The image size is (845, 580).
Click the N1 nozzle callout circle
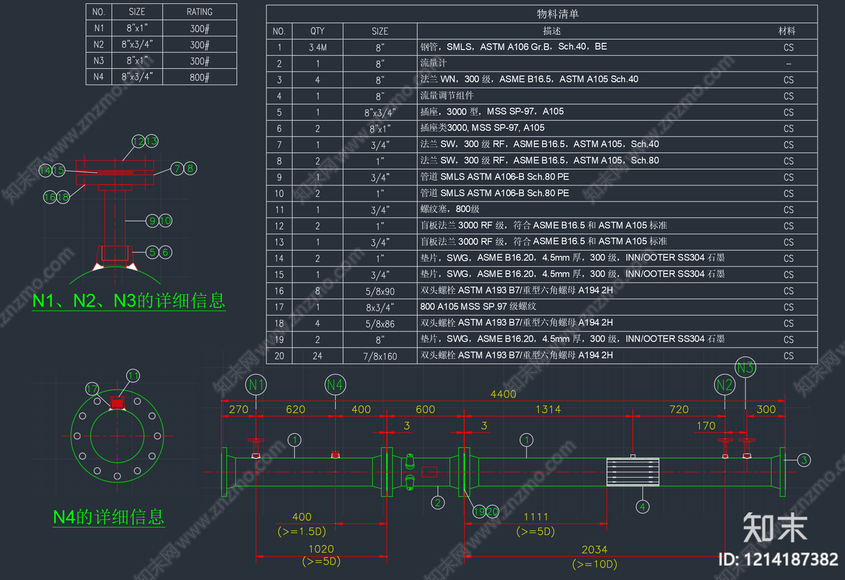point(256,385)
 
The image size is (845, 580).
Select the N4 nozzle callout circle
point(335,385)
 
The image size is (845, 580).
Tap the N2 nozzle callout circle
point(725,385)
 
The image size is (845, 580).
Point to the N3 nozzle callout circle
point(745,368)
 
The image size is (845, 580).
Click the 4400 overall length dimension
point(503,394)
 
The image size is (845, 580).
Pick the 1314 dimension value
point(548,409)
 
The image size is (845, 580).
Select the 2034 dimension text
point(594,550)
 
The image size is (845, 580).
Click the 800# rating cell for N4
point(200,77)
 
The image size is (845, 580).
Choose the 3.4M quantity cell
point(317,48)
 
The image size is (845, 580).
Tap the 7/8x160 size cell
point(380,357)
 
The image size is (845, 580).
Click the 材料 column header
point(787,31)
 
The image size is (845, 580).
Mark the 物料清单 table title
point(558,14)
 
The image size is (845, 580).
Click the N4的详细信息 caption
point(109,517)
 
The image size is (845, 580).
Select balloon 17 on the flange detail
point(92,389)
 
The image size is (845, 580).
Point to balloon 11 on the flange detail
point(133,376)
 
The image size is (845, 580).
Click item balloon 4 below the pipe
point(642,507)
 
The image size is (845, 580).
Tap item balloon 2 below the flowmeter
point(437,502)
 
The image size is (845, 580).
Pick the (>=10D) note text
point(594,564)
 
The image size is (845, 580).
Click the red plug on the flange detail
point(117,403)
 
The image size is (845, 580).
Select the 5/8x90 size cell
point(380,291)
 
